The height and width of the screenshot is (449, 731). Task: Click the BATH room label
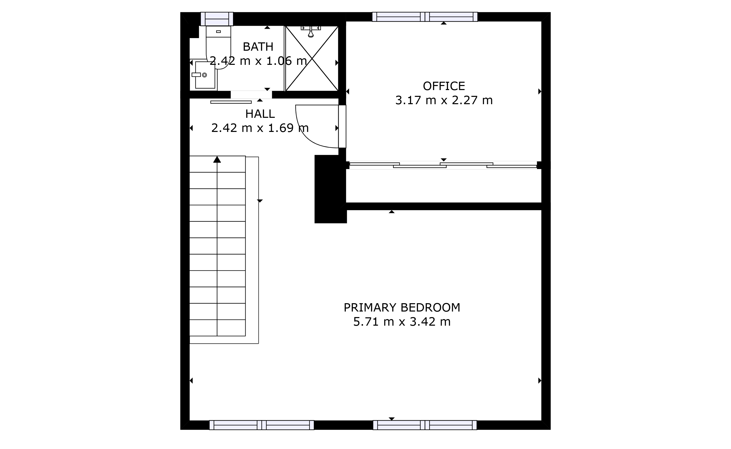click(x=258, y=47)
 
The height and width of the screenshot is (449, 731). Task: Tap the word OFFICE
click(x=444, y=86)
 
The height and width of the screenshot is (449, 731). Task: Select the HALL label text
click(x=260, y=114)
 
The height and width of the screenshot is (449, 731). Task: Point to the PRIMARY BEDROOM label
click(x=402, y=308)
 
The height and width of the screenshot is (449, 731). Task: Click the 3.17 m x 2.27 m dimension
click(x=444, y=100)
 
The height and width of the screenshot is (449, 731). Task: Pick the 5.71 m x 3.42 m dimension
click(x=402, y=322)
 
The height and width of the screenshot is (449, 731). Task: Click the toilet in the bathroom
click(x=218, y=47)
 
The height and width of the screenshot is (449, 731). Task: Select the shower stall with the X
click(x=312, y=59)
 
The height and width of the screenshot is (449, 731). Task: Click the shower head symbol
click(x=311, y=32)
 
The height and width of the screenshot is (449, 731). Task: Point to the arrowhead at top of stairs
click(x=217, y=159)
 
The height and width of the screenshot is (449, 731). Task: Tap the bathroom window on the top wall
click(x=217, y=19)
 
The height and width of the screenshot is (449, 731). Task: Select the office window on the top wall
click(x=425, y=17)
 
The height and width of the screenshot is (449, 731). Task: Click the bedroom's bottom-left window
click(x=262, y=425)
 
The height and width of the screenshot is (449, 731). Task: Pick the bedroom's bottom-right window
click(x=425, y=425)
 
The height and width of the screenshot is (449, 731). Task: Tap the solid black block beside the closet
click(x=330, y=189)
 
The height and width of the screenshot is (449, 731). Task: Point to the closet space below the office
click(x=444, y=186)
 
